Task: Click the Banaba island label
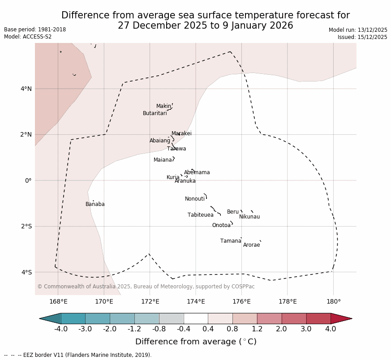click(x=95, y=204)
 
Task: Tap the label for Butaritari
click(x=155, y=113)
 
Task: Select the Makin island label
click(x=163, y=106)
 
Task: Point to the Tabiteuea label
click(x=200, y=215)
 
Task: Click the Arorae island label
click(x=251, y=245)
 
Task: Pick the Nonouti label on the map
click(x=194, y=199)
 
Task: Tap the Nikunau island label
click(x=249, y=217)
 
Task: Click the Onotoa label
click(x=221, y=225)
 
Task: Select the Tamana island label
click(x=231, y=241)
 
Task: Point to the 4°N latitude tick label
click(x=26, y=89)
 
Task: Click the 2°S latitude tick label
click(x=26, y=226)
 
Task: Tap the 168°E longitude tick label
click(x=58, y=301)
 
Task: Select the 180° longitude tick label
click(x=333, y=301)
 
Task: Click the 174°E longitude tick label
click(x=196, y=301)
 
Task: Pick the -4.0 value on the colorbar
click(x=61, y=329)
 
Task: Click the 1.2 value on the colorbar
click(x=257, y=329)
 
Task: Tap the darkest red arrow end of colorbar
click(x=341, y=318)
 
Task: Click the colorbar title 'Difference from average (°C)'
click(x=196, y=342)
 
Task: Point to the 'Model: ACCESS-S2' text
click(x=28, y=37)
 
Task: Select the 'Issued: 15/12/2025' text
click(x=362, y=37)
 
